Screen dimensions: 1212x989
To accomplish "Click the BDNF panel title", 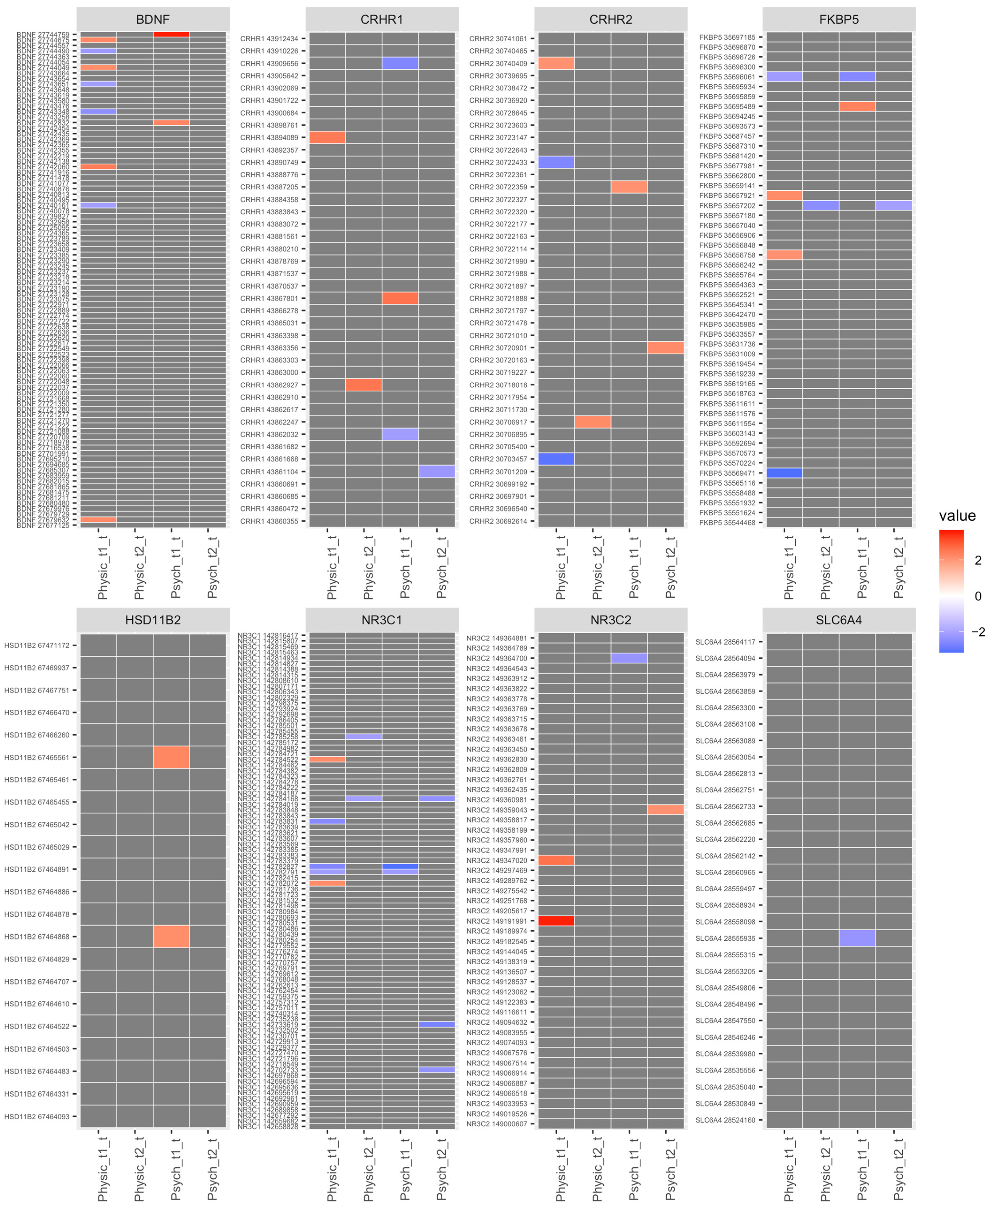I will (153, 19).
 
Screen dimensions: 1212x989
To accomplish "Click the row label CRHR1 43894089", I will (269, 137).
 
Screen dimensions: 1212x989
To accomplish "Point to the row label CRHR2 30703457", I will (498, 459).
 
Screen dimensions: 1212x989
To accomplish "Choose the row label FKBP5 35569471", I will (727, 473).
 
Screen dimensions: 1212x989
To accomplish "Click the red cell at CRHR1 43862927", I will (363, 385).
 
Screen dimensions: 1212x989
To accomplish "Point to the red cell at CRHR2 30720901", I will (666, 348).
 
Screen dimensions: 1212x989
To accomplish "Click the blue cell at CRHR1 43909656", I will (400, 63).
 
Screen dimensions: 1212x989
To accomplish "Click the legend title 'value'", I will (957, 516).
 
